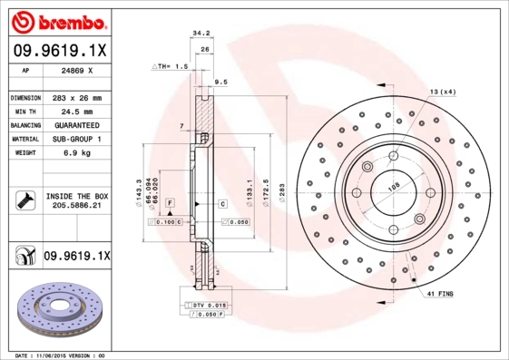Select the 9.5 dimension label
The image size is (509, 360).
point(220,83)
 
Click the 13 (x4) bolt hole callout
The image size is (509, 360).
point(442,92)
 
